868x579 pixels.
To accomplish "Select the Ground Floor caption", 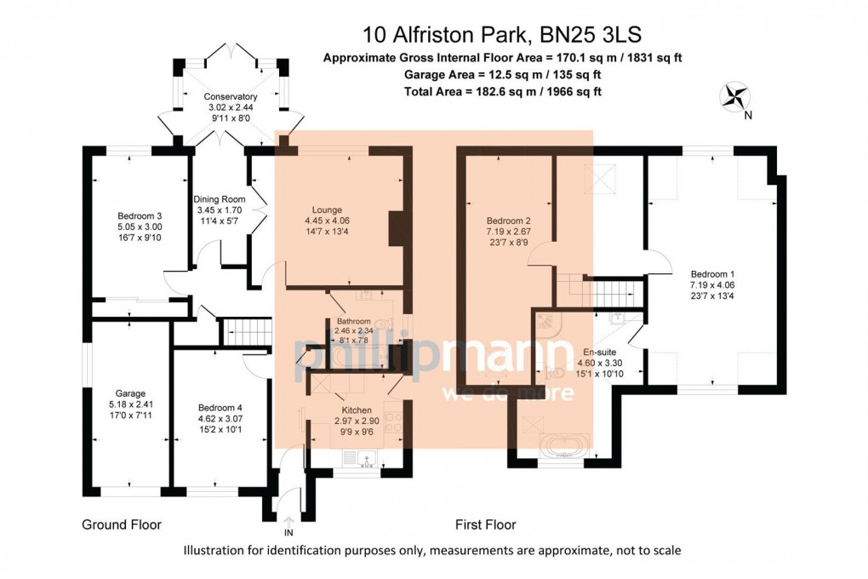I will coord(122,525).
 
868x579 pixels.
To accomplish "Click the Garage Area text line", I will coord(503,75).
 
